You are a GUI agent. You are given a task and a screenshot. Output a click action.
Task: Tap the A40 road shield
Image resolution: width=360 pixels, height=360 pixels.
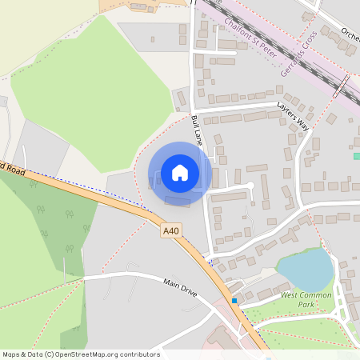pyautogui.click(x=170, y=230)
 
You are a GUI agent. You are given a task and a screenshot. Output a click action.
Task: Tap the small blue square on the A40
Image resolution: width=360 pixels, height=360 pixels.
pyautogui.click(x=234, y=301)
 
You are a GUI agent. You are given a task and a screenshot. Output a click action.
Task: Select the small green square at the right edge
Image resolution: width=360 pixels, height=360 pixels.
pyautogui.click(x=357, y=156)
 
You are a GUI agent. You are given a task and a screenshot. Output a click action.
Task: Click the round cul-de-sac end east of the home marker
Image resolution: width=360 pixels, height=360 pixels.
pyautogui.click(x=250, y=186)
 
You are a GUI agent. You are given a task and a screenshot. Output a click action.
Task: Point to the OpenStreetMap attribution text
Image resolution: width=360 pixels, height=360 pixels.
pyautogui.click(x=81, y=354)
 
